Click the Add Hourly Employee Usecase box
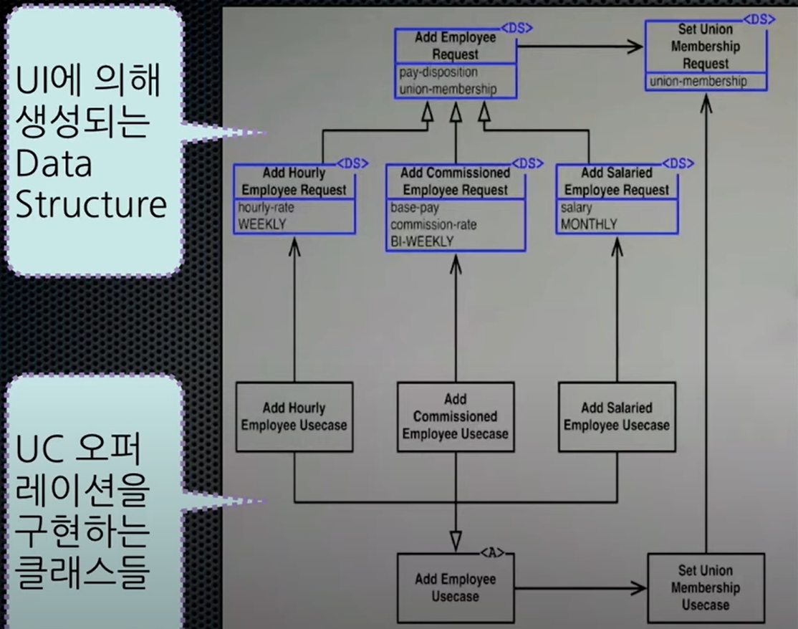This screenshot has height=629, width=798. (294, 417)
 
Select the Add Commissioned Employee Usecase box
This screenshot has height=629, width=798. (456, 417)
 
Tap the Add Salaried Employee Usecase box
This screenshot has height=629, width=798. (617, 417)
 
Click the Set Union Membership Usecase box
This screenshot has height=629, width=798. (706, 587)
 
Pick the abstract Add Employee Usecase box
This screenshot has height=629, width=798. (456, 587)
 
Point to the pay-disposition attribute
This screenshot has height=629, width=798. (438, 72)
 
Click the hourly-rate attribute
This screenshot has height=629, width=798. (266, 208)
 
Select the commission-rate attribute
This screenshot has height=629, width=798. (433, 224)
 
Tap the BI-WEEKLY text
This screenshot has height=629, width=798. (422, 241)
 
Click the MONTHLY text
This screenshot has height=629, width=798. (589, 224)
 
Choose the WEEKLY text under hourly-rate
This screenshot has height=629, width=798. (262, 224)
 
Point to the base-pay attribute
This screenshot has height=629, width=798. (415, 208)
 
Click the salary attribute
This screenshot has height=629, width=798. (577, 208)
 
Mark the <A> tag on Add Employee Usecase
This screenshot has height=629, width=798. (493, 552)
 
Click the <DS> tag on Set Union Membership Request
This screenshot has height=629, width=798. (759, 19)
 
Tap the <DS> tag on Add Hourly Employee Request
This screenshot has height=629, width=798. (352, 163)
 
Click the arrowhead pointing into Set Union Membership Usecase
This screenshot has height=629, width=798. (639, 589)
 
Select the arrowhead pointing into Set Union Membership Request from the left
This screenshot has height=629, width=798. (635, 47)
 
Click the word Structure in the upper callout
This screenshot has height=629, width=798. (91, 205)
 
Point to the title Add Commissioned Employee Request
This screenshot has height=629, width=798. (456, 181)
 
